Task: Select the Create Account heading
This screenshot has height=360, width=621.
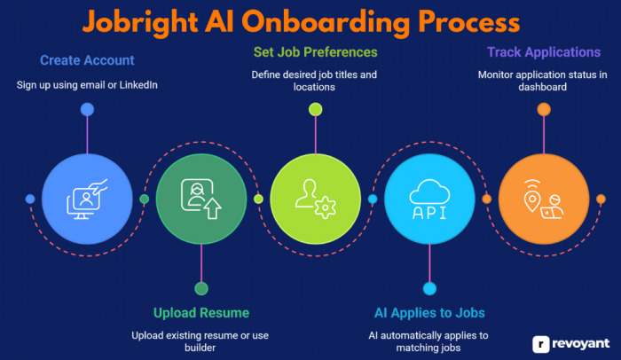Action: [x=87, y=60]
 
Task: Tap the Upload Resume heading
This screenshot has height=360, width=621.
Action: [x=201, y=312]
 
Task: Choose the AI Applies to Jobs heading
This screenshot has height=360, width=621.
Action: [x=429, y=312]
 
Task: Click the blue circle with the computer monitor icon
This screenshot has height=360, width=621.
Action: [x=87, y=200]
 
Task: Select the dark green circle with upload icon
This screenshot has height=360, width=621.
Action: [x=201, y=200]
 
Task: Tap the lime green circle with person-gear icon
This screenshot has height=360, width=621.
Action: [x=315, y=200]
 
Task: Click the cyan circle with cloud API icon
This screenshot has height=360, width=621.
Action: [x=429, y=200]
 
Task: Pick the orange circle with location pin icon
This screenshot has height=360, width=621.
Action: [x=544, y=200]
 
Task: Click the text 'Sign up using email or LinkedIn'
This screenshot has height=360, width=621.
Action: [x=87, y=85]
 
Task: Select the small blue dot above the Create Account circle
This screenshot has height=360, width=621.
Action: [x=87, y=109]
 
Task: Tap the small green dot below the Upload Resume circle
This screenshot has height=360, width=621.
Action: [x=201, y=288]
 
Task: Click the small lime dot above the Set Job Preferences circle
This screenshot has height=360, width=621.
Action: [x=315, y=109]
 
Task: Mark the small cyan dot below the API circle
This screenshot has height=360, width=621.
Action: [x=429, y=288]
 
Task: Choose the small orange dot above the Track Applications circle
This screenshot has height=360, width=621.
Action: [x=544, y=109]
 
